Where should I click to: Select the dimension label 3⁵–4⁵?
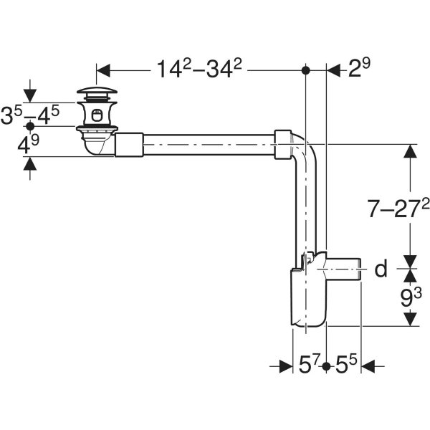(x=31, y=115)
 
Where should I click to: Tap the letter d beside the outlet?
(x=381, y=269)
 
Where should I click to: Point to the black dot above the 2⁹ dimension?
(x=306, y=70)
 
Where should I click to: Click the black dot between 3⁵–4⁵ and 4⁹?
(x=30, y=126)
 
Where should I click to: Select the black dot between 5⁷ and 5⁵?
(x=326, y=366)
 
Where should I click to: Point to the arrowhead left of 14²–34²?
(x=102, y=70)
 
